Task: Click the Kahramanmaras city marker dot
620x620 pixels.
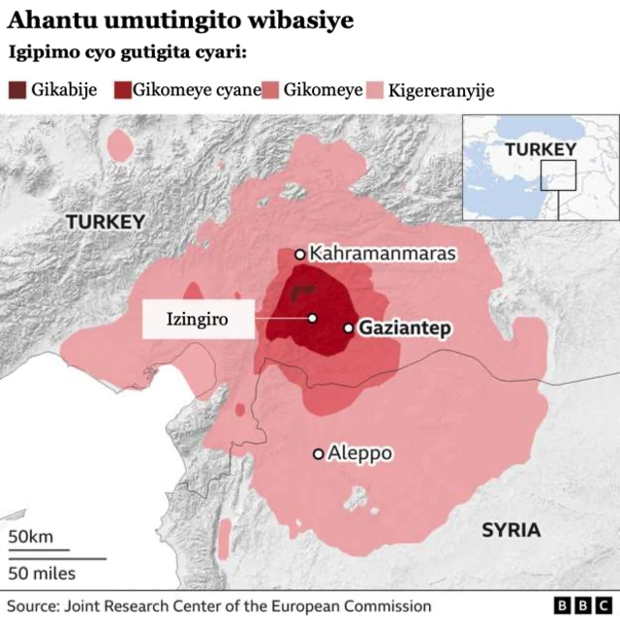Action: [x=300, y=255]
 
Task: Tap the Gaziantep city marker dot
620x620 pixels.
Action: [x=349, y=328]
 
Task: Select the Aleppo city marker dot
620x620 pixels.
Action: [x=318, y=453]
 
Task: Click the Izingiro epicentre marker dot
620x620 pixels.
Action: [x=312, y=318]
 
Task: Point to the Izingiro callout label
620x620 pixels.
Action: [x=199, y=319]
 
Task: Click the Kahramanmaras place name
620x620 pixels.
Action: [x=382, y=255]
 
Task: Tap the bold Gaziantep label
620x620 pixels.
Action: [x=405, y=328]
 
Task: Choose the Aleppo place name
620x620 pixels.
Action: [x=359, y=453]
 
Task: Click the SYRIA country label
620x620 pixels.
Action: [x=511, y=530]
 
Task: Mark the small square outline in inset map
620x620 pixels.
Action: [x=559, y=174]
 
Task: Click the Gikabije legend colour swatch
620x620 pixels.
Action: [x=17, y=91]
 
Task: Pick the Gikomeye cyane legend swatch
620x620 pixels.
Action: [x=122, y=91]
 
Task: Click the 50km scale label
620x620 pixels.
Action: [x=31, y=538]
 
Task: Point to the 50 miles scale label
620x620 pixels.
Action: [x=43, y=573]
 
